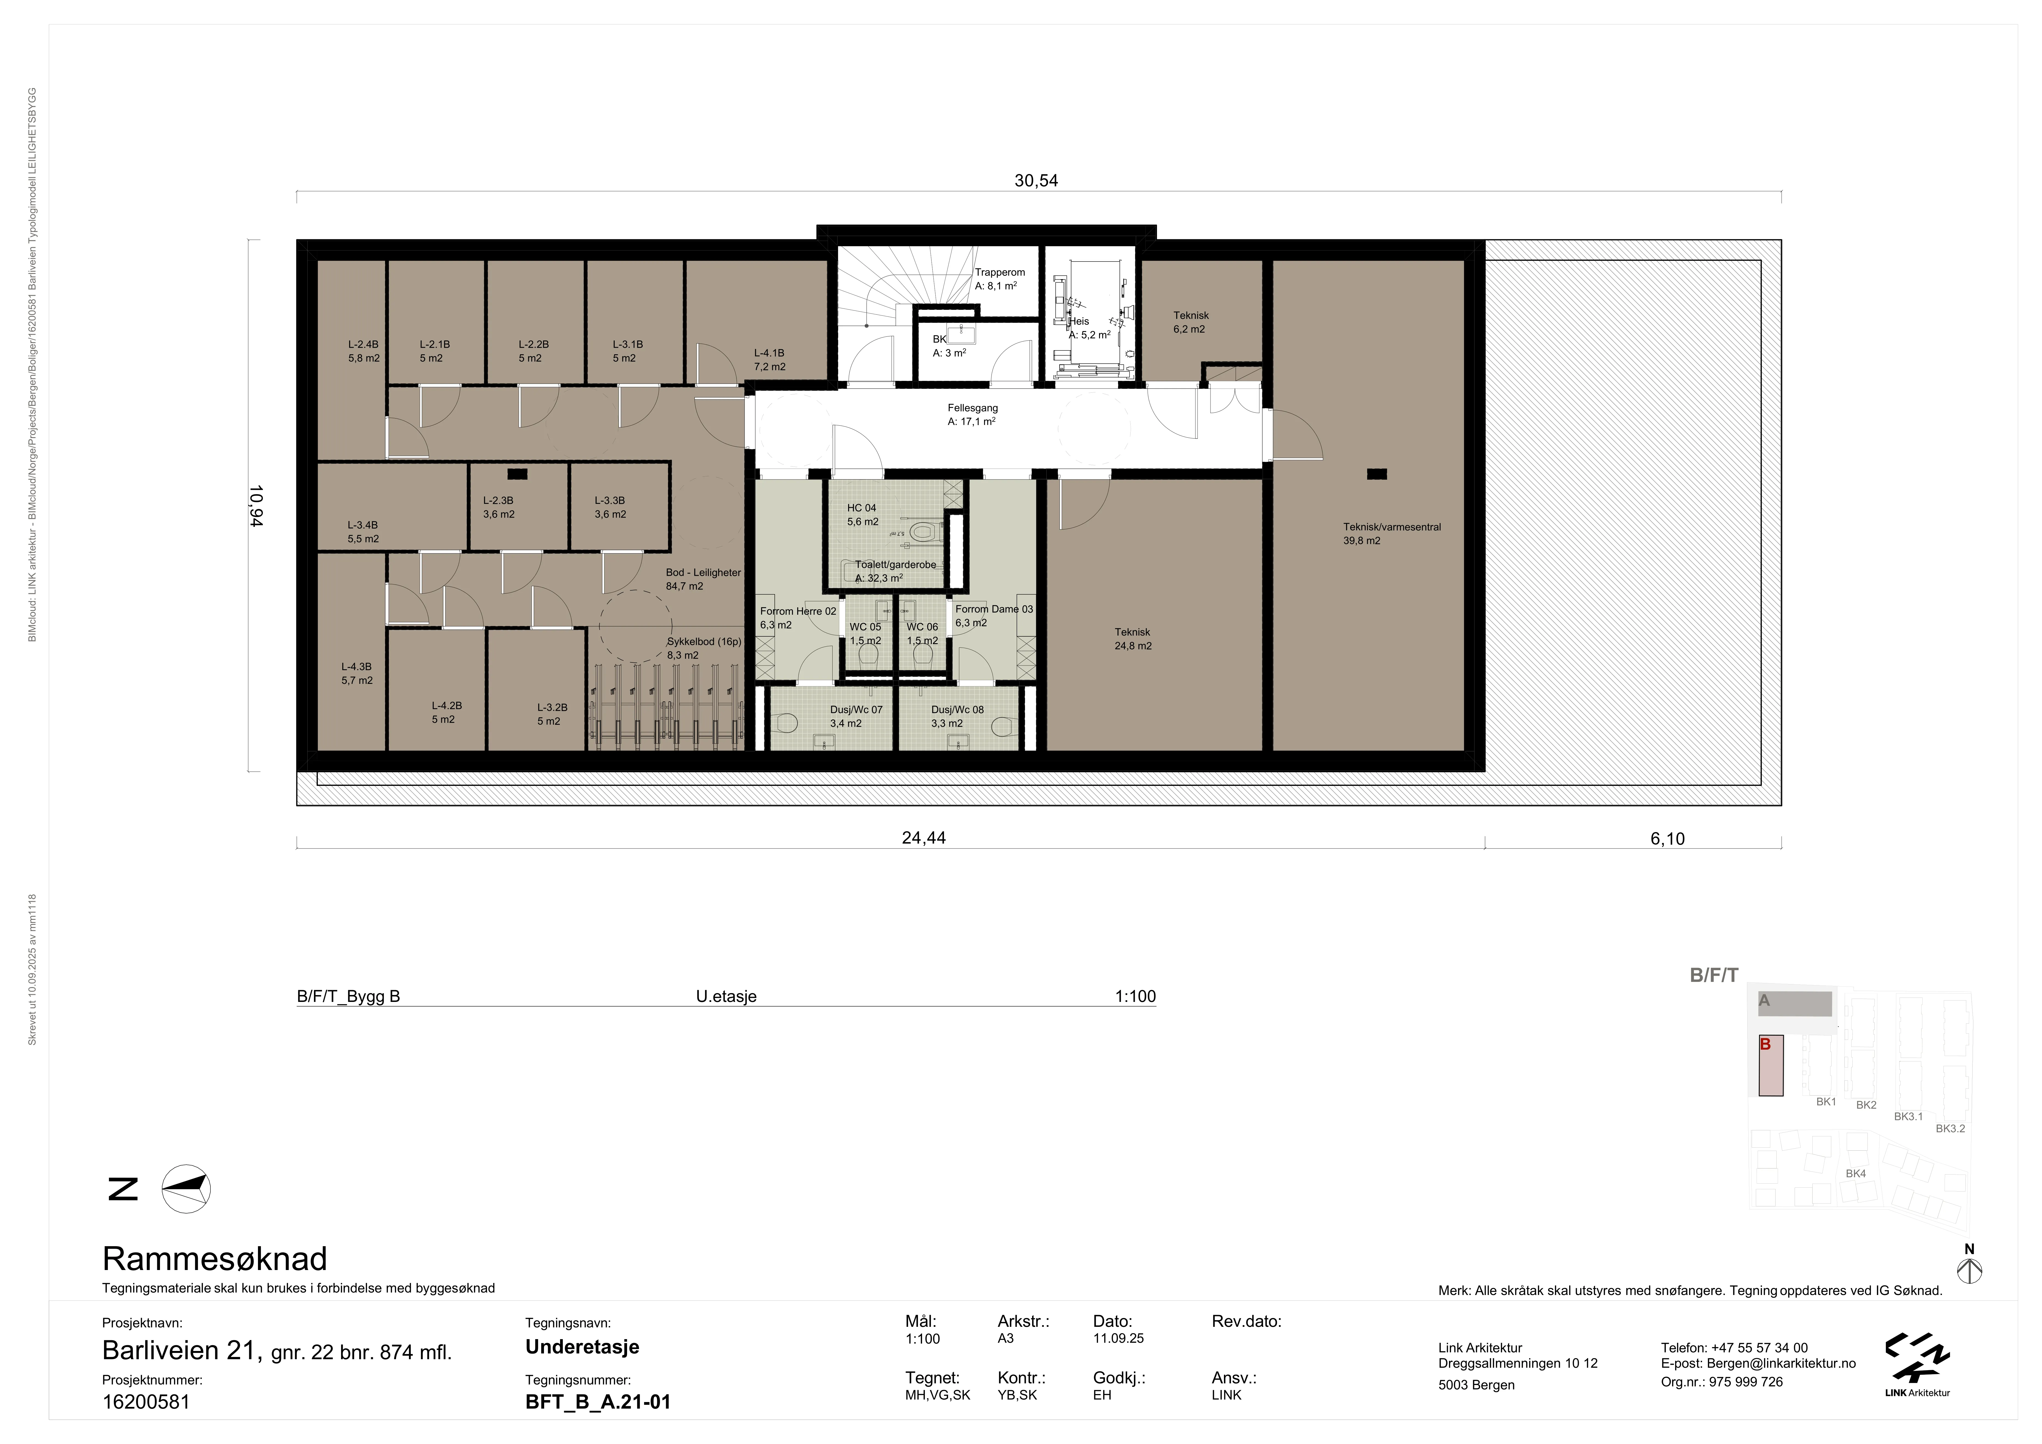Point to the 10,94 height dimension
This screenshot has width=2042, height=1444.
[x=256, y=506]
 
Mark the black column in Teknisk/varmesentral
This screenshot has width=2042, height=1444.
[x=1377, y=474]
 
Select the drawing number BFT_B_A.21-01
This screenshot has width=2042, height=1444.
[x=598, y=1402]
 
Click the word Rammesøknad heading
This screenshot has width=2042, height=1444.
[x=215, y=1259]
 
